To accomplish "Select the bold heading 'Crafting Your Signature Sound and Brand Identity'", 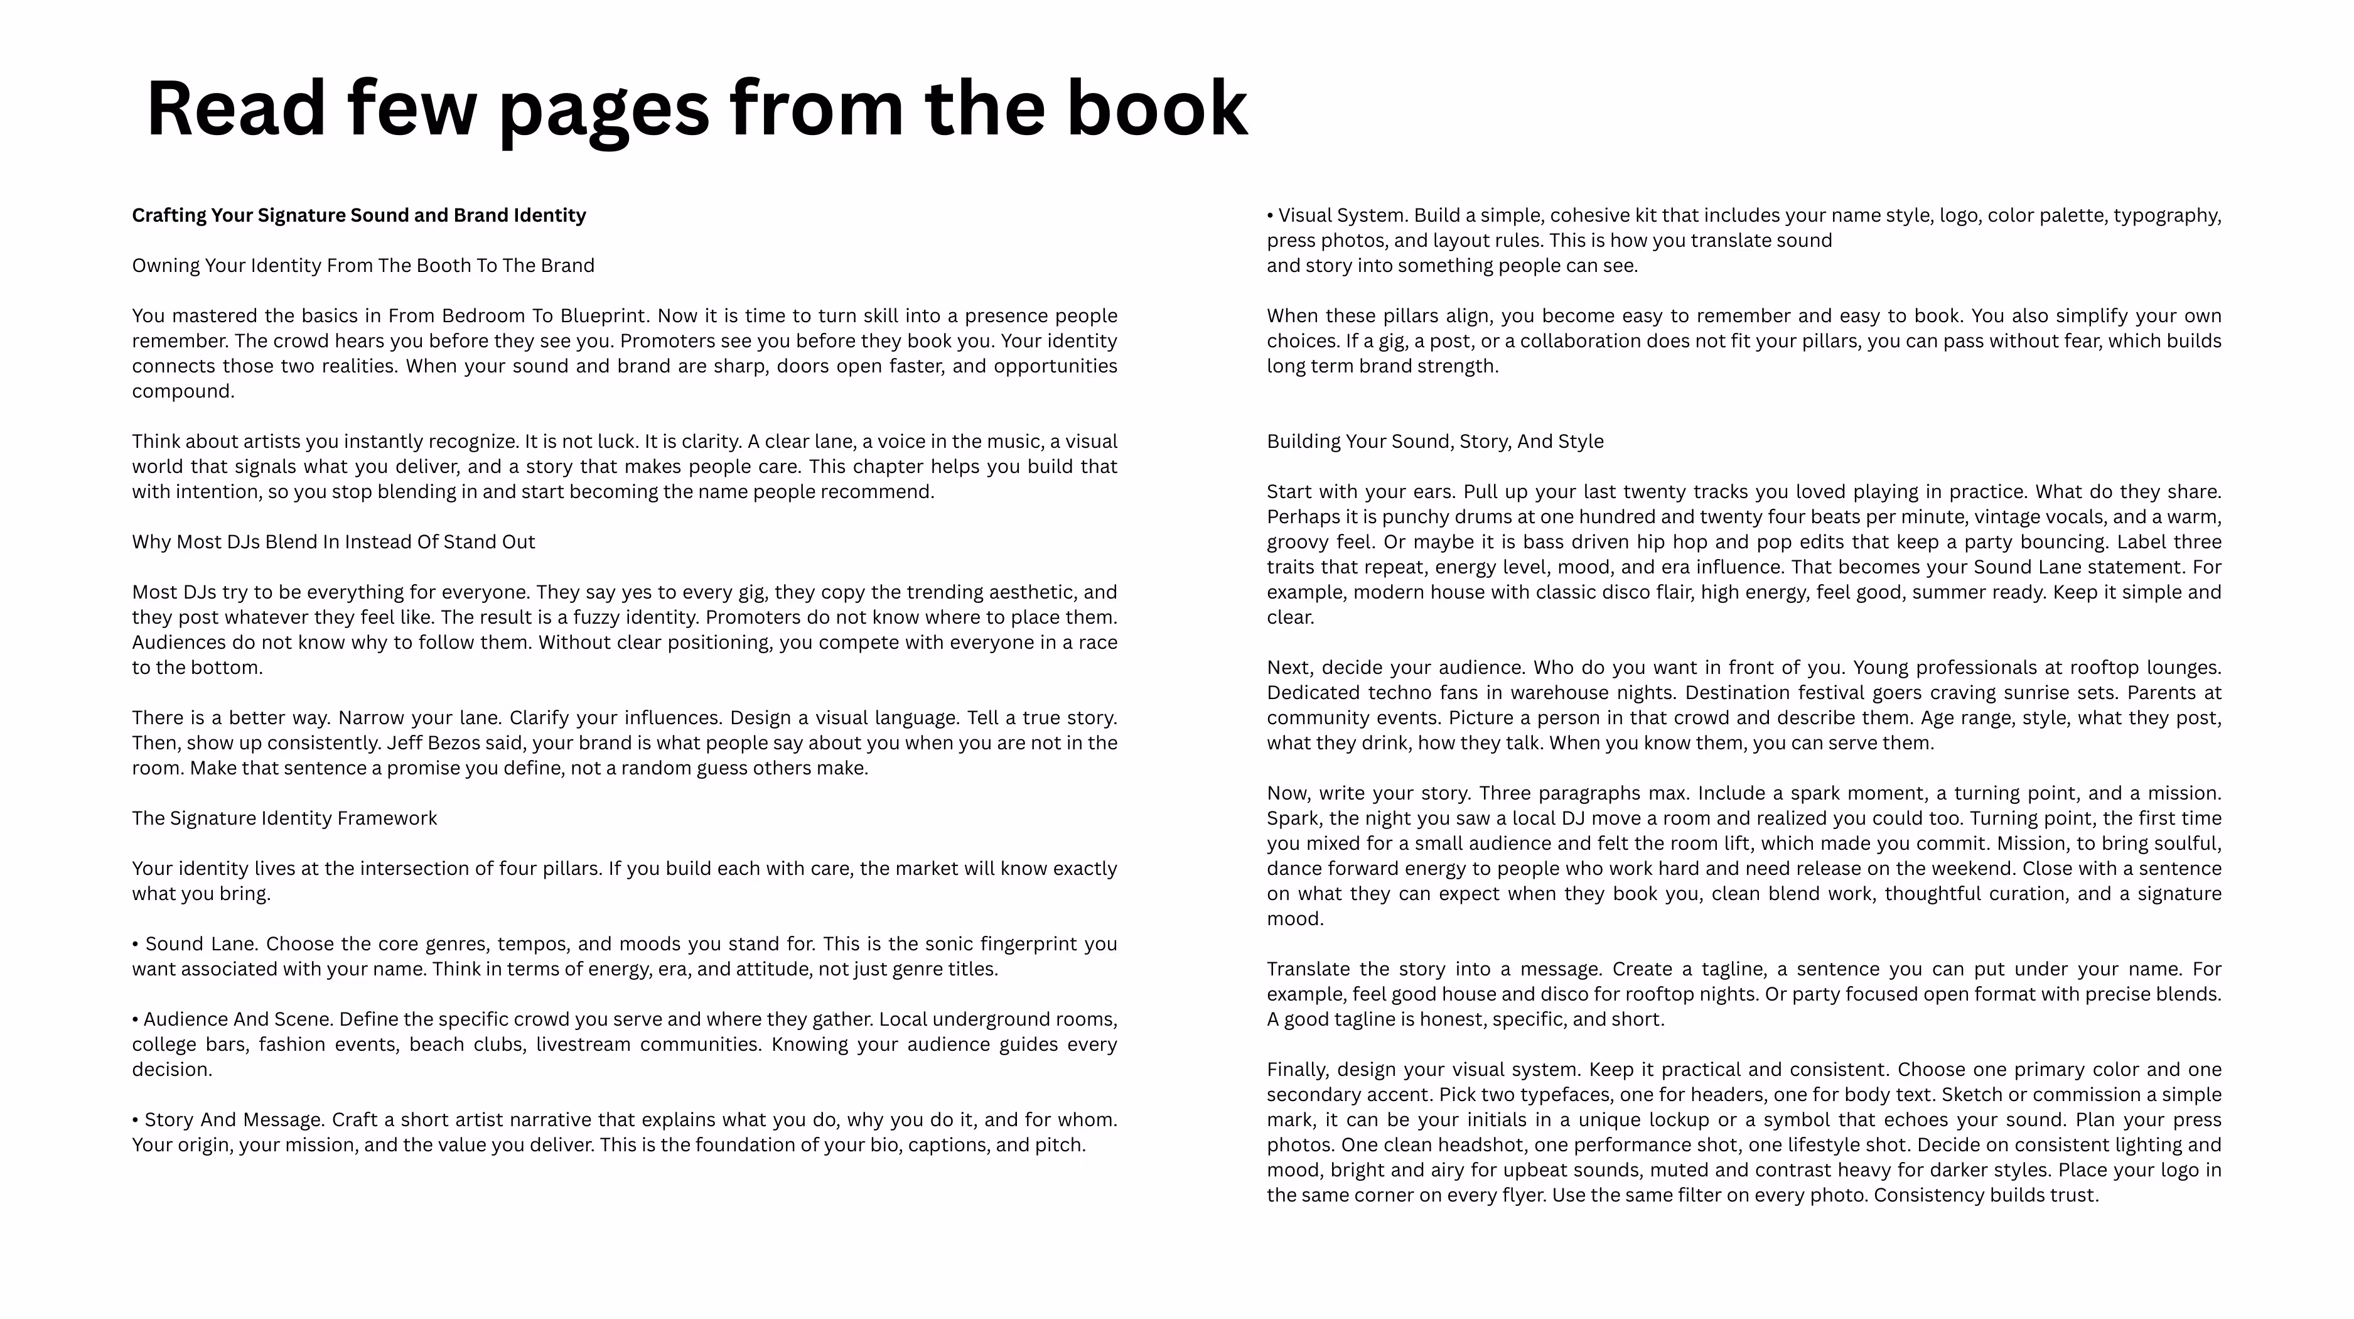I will tap(358, 215).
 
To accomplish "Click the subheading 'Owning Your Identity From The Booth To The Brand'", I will tap(363, 266).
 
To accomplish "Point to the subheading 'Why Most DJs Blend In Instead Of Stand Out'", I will tap(333, 542).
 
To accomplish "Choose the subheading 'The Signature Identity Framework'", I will tap(284, 818).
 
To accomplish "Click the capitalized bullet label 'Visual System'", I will tap(1342, 215).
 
